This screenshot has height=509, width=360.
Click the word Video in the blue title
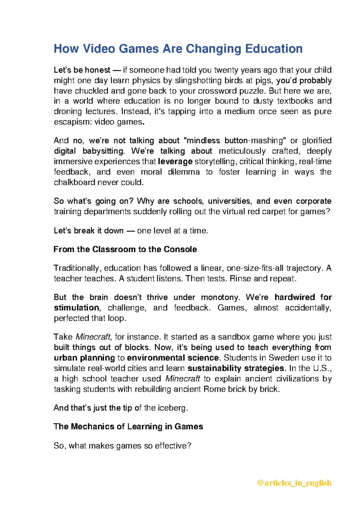click(99, 49)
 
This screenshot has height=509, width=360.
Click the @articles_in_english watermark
click(294, 483)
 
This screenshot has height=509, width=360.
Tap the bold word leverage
click(175, 161)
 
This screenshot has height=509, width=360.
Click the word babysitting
click(103, 151)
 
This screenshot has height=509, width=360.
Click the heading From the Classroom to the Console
click(125, 249)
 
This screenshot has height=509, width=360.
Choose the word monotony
click(220, 297)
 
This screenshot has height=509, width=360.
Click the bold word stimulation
click(76, 308)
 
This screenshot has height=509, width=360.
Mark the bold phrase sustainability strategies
click(236, 368)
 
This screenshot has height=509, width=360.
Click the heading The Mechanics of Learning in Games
click(128, 426)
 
